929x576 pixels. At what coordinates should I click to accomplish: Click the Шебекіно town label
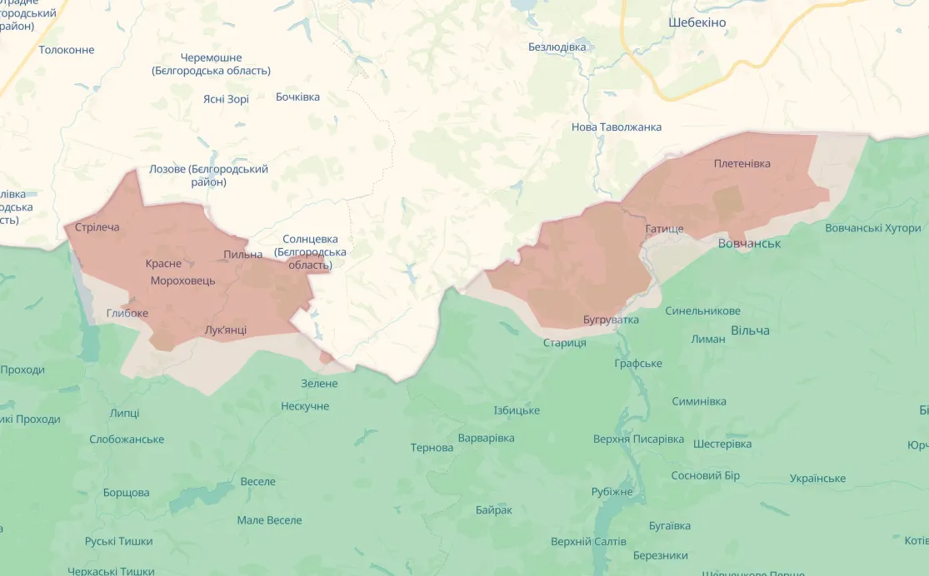coord(697,22)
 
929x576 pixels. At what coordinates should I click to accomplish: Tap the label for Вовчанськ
coord(749,244)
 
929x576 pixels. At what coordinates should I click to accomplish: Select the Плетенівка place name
coord(742,164)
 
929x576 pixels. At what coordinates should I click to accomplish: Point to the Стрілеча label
coord(97,227)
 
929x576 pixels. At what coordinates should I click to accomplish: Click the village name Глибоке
coord(127,313)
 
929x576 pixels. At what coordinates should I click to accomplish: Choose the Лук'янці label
coord(226,330)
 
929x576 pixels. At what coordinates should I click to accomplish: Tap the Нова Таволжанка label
coord(617,127)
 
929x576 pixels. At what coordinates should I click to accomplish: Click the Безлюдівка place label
coord(557,47)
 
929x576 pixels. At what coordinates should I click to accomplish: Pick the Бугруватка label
coord(612,320)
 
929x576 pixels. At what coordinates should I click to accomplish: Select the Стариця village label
coord(565,343)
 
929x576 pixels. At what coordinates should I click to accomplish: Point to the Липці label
coord(125,413)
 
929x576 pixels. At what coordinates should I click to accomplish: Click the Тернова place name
coord(432,448)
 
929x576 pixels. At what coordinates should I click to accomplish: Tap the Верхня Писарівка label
coord(639,439)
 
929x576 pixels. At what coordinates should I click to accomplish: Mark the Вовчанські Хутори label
coord(873,228)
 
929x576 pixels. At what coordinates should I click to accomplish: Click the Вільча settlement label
coord(750,330)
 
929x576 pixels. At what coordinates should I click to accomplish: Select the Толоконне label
coord(67,50)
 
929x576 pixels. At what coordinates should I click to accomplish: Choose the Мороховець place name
coord(182,281)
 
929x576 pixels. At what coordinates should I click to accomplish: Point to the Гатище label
coord(664,228)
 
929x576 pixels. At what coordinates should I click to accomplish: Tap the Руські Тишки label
coord(119,541)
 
